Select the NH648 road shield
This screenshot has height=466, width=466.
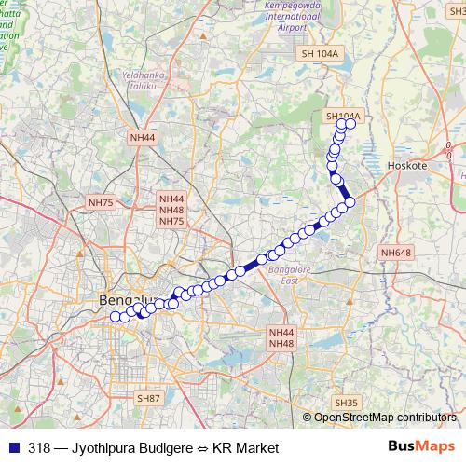point(395,253)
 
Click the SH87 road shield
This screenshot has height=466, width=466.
point(149,398)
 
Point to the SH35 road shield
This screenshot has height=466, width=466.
point(345,402)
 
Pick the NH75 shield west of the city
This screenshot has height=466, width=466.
point(100,201)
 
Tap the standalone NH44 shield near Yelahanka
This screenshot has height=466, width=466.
point(143,137)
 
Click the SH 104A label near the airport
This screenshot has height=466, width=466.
point(320,54)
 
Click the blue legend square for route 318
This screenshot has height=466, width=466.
point(11,447)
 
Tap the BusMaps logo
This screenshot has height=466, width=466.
point(422,446)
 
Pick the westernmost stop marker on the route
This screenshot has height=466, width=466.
point(115,317)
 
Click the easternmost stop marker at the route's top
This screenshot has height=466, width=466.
point(351,123)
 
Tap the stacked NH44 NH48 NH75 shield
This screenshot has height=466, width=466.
point(172,210)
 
